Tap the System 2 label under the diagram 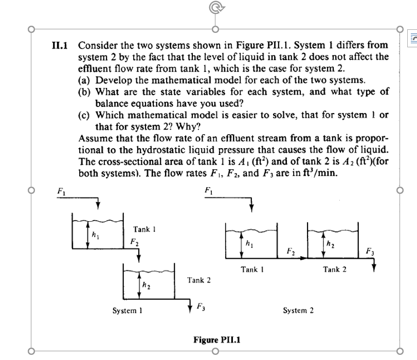[x=298, y=311]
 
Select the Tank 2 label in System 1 [x=200, y=280]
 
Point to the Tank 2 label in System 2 [x=335, y=269]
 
